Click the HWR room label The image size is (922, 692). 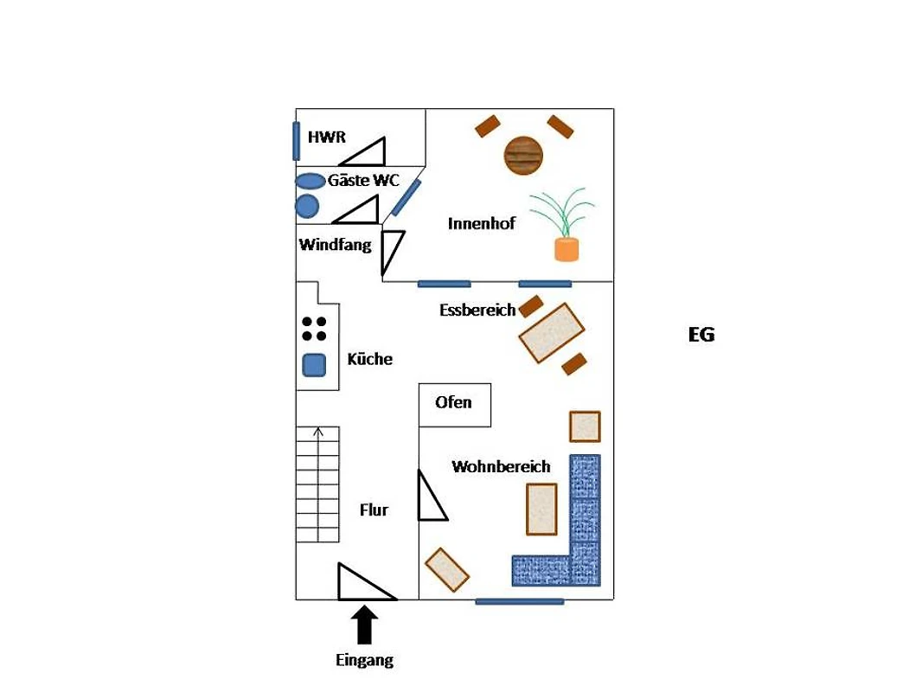point(326,137)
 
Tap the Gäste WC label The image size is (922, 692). point(363,180)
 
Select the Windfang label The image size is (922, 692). point(335,245)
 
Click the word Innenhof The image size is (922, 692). point(481,223)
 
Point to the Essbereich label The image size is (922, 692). point(477,310)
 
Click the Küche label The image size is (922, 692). point(369,359)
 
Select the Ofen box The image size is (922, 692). point(455,405)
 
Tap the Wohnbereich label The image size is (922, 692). point(501,467)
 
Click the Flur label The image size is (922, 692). point(374,509)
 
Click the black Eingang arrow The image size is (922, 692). point(365,625)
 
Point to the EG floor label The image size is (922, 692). point(701,335)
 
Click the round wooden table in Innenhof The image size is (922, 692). point(522,156)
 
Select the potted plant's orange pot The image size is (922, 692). point(567,249)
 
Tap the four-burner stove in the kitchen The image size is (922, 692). point(314,329)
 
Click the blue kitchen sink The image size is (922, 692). point(314,365)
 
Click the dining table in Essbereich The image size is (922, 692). point(552,333)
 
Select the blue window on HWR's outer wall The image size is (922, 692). point(297,141)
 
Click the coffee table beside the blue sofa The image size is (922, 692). point(541,509)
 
